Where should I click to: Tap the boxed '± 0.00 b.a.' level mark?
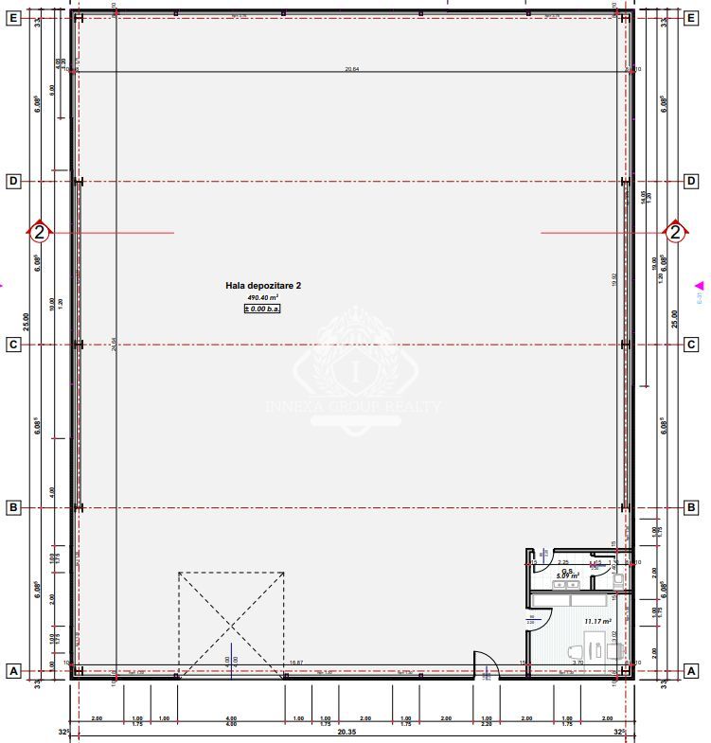pos(263,308)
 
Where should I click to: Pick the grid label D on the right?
pos(692,181)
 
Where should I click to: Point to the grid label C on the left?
pos(13,345)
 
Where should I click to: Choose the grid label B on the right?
pos(692,508)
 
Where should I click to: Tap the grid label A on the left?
pos(13,671)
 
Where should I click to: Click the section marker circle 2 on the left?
pos(39,231)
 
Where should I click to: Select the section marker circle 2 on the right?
pos(675,231)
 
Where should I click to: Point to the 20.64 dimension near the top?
pos(352,68)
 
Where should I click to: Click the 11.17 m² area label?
pos(598,621)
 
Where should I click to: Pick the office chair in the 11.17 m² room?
pos(573,652)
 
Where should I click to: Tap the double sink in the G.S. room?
pos(566,586)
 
